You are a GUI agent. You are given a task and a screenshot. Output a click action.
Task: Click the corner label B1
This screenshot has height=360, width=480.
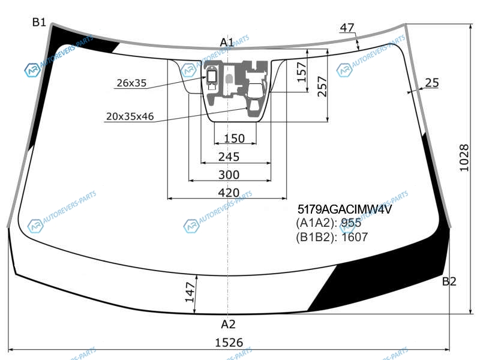click(x=39, y=22)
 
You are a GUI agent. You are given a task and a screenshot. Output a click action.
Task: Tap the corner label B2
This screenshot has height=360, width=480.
click(x=449, y=281)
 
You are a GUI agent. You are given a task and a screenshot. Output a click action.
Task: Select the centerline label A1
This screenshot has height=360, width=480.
click(x=227, y=42)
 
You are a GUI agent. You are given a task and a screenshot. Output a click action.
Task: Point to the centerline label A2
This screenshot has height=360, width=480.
click(x=228, y=324)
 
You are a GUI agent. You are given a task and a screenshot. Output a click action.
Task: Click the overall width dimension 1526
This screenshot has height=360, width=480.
click(x=229, y=343)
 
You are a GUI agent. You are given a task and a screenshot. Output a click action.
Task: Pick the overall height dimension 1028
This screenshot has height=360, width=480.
click(x=464, y=158)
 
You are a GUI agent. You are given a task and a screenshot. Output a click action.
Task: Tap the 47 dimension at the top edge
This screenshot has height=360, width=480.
click(x=347, y=28)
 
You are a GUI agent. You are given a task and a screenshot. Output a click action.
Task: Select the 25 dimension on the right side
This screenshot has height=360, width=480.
click(x=432, y=82)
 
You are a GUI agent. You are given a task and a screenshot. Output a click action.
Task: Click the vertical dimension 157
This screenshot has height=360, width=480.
click(x=302, y=72)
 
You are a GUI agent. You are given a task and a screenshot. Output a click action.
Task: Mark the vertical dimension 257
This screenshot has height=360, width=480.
click(x=322, y=86)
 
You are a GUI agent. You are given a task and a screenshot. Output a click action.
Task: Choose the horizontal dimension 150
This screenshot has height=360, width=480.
click(x=235, y=139)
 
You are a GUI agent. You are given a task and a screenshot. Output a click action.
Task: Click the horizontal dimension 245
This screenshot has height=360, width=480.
click(x=229, y=157)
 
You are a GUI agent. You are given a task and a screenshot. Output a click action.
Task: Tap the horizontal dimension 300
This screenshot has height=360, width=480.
click(x=229, y=175)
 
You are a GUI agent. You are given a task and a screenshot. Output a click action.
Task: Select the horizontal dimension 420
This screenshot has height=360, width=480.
click(x=229, y=193)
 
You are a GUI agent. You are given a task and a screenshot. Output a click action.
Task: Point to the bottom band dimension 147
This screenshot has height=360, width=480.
click(x=190, y=292)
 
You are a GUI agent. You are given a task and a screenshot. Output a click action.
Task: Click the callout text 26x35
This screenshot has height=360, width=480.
click(x=131, y=83)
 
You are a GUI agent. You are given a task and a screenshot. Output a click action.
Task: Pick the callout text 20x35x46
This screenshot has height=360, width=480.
click(x=130, y=116)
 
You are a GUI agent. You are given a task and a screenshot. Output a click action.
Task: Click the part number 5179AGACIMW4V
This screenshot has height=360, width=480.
click(x=344, y=209)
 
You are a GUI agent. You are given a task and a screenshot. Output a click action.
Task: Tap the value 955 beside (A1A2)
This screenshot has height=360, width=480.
click(x=351, y=223)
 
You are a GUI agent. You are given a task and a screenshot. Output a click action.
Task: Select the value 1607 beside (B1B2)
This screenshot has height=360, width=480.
click(x=354, y=237)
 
